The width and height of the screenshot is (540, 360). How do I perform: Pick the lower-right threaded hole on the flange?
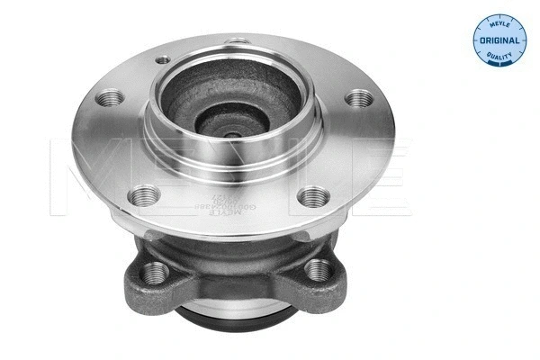[310, 192]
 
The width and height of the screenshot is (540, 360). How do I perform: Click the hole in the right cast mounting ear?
[319, 268]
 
